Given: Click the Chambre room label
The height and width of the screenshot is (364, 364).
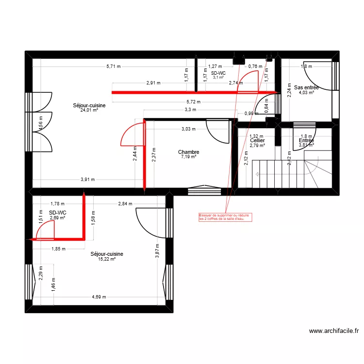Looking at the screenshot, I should tap(188, 152).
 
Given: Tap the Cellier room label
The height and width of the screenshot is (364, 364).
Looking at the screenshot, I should tap(257, 140).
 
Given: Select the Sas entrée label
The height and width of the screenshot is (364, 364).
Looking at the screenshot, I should tap(306, 87).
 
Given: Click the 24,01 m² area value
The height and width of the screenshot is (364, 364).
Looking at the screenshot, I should tap(89, 110).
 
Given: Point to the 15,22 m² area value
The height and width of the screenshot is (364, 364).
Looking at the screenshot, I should tap(107, 259).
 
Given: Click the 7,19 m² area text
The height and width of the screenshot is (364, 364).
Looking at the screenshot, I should tap(188, 157).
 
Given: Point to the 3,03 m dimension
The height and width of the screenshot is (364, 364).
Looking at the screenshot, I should tap(188, 129).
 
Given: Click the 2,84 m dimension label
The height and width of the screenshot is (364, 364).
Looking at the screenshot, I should tap(125, 204).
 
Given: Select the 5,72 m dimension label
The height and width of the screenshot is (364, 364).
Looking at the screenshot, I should tap(193, 102).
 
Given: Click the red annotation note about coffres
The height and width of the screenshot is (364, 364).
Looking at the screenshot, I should tap(222, 217).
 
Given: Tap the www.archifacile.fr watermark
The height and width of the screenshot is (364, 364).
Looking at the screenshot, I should tap(334, 331).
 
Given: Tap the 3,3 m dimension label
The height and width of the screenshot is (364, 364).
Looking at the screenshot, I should tap(190, 110).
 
